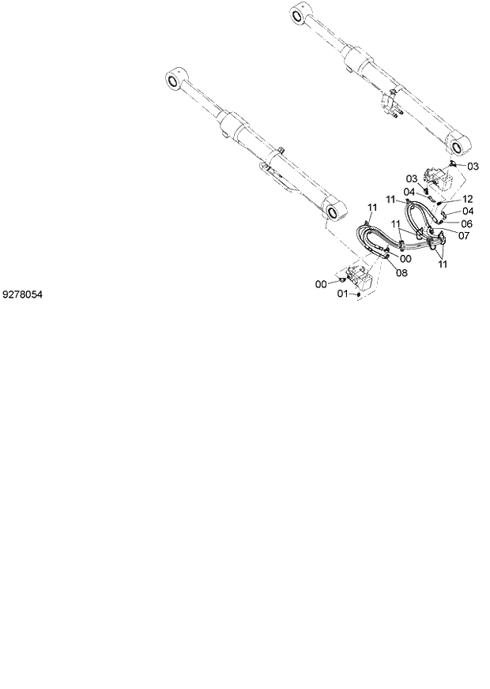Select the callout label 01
click(x=344, y=294)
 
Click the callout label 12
click(x=467, y=199)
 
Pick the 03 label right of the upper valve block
click(x=473, y=166)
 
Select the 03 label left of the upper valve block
click(x=412, y=179)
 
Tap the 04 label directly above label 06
click(x=467, y=211)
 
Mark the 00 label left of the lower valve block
click(x=322, y=283)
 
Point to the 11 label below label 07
click(x=443, y=264)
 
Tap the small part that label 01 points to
click(x=360, y=294)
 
